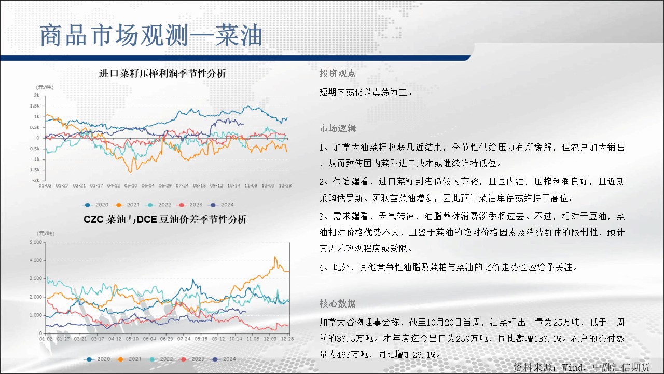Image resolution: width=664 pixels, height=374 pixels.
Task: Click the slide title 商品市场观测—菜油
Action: pyautogui.click(x=151, y=36)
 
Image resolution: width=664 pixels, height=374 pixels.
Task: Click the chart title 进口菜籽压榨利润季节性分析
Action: pyautogui.click(x=162, y=73)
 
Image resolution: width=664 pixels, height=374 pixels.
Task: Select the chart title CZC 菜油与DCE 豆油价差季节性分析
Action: pyautogui.click(x=165, y=219)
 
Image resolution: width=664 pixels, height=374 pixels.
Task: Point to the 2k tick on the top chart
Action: pyautogui.click(x=37, y=95)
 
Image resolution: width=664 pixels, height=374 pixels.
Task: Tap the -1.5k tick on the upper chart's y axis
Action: pyautogui.click(x=34, y=170)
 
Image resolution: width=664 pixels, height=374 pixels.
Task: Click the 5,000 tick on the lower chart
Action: pyautogui.click(x=36, y=242)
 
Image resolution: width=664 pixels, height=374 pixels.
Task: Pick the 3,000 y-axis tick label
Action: pyautogui.click(x=36, y=278)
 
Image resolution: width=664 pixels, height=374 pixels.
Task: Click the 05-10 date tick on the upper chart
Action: pyautogui.click(x=131, y=185)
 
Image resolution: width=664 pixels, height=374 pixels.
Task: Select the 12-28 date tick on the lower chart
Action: pyautogui.click(x=287, y=339)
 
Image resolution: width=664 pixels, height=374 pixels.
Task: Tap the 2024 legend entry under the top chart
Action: pyautogui.click(x=221, y=205)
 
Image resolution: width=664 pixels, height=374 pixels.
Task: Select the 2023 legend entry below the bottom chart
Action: pyautogui.click(x=191, y=359)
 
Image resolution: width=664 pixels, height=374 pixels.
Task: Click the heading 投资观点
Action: pyautogui.click(x=337, y=74)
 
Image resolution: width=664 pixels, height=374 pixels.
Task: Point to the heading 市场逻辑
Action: pyautogui.click(x=337, y=128)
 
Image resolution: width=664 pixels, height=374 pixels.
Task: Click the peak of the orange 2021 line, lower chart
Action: pyautogui.click(x=275, y=257)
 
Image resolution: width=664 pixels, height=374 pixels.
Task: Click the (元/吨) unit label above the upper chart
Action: pyautogui.click(x=45, y=87)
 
